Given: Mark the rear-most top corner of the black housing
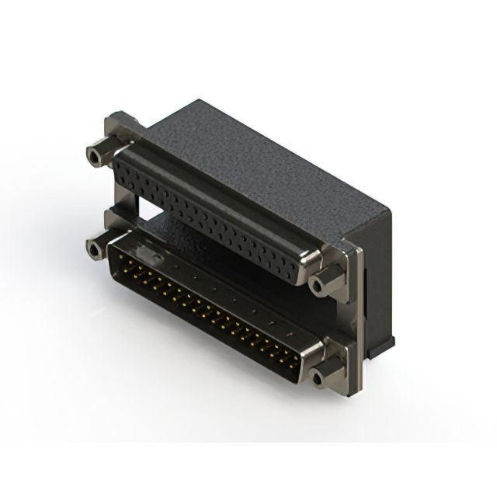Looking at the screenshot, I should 200,101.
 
